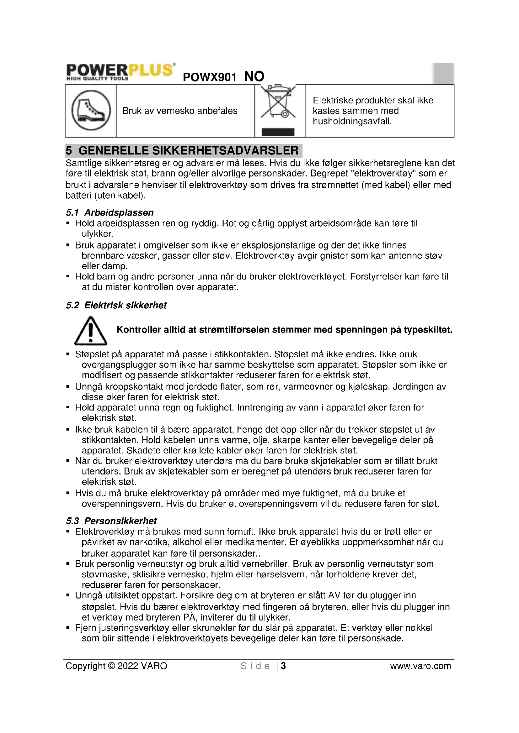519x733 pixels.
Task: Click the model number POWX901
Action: coord(209,77)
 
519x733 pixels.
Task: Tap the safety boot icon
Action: coord(91,110)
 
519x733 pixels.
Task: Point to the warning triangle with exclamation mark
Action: coord(90,331)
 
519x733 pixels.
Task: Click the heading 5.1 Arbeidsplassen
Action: coord(110,212)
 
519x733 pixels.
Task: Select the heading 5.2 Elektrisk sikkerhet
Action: coord(116,305)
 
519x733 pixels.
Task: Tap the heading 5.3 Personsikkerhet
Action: coord(111,521)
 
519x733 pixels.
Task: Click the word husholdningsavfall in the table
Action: coord(352,121)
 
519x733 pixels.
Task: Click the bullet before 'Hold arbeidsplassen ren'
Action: coord(68,223)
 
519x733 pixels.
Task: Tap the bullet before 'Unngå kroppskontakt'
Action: coord(68,387)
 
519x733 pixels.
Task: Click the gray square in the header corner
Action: coord(443,73)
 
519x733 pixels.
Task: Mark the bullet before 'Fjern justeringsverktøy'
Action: coord(68,628)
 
